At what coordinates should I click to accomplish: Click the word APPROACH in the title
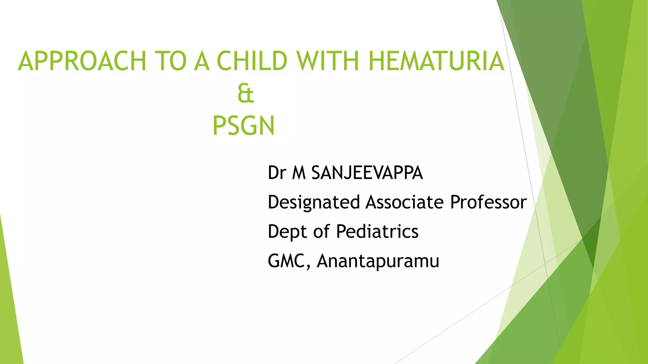tap(82, 61)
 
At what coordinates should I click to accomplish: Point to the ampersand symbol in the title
tap(246, 94)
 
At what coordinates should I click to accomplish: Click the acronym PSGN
tap(243, 126)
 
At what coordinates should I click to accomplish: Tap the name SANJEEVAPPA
tap(367, 173)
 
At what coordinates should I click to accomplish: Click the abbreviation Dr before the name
tap(277, 173)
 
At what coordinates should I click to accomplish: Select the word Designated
tap(314, 202)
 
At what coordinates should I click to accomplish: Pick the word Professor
tap(488, 202)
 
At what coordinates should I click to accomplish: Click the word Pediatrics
tap(377, 232)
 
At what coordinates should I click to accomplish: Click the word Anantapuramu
tap(378, 261)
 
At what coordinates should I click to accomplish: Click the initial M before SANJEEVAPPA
tap(299, 173)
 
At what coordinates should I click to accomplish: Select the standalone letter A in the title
tap(202, 61)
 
